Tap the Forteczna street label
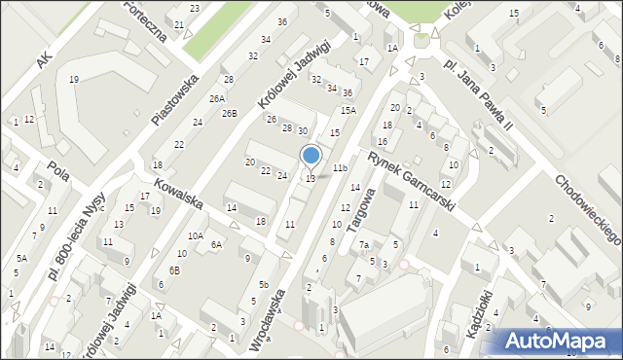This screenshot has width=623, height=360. pos(145,18)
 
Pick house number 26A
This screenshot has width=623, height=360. pos(217,98)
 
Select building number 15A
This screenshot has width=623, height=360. pos(348,111)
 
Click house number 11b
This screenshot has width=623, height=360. pos(340,168)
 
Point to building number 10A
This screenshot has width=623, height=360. pos(196,235)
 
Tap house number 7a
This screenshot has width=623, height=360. pos(363,245)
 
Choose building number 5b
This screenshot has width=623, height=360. pos(264,284)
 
